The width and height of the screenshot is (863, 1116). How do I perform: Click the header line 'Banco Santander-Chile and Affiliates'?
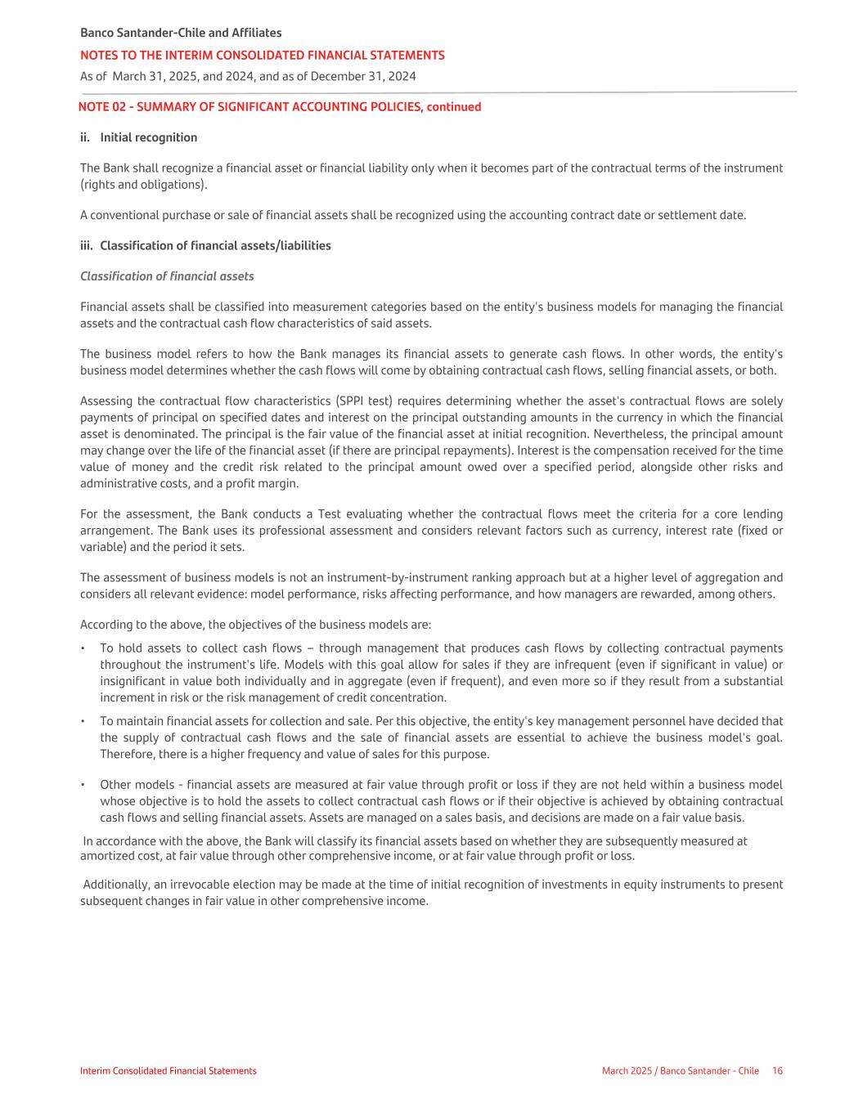[x=181, y=33]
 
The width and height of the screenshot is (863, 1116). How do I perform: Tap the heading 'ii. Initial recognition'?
[x=139, y=137]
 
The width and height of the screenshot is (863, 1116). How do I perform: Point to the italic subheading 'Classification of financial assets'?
[x=167, y=276]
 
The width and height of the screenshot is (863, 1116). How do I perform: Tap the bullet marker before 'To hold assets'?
[x=83, y=648]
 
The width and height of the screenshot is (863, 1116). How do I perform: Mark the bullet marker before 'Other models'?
[x=83, y=785]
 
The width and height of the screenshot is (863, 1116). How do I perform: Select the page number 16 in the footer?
[x=777, y=1071]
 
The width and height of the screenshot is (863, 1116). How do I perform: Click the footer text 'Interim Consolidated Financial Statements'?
[x=168, y=1071]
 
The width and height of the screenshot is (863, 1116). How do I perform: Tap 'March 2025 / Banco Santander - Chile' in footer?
[x=680, y=1071]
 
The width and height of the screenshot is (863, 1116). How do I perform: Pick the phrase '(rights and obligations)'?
[x=143, y=185]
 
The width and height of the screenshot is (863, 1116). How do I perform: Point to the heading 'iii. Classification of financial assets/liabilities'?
[x=205, y=246]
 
